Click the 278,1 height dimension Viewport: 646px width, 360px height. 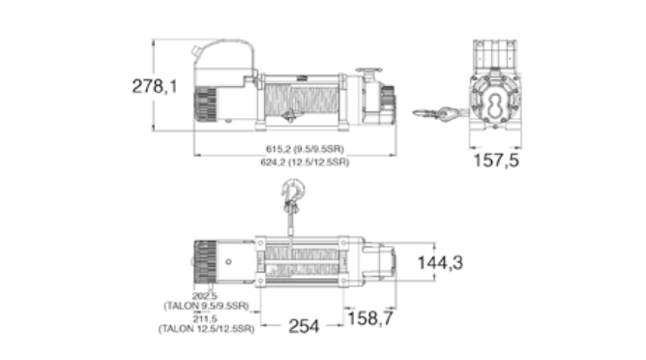(x=155, y=86)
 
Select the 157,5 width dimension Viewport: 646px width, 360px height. (x=496, y=160)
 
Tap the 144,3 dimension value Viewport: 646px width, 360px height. (x=440, y=262)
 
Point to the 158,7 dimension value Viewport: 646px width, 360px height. (x=370, y=318)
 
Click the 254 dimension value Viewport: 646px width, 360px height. (x=304, y=326)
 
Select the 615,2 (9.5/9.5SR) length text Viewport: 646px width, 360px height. (x=305, y=148)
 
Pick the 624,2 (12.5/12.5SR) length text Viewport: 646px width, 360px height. (x=305, y=162)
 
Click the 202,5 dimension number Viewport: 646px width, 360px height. (x=205, y=296)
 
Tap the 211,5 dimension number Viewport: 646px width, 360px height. (x=205, y=319)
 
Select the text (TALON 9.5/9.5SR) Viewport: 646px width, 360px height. (x=206, y=306)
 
